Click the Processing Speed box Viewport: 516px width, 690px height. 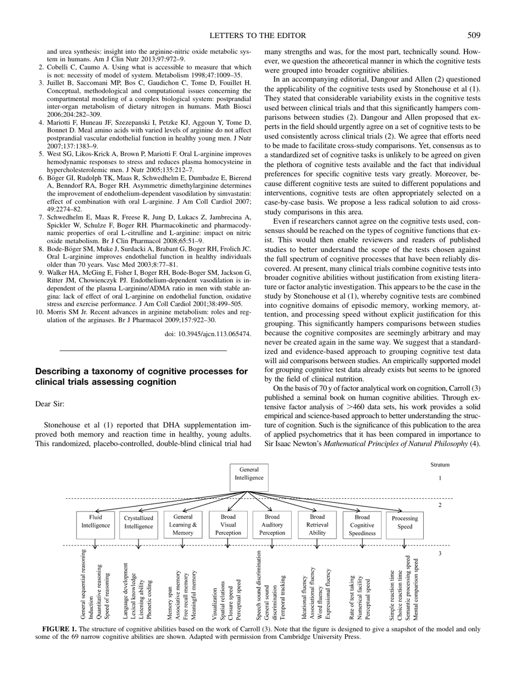[x=405, y=522]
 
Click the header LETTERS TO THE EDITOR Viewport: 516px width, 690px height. [x=257, y=36]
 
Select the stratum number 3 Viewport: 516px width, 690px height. [x=440, y=553]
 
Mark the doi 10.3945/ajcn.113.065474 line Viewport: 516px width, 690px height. [x=207, y=334]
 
